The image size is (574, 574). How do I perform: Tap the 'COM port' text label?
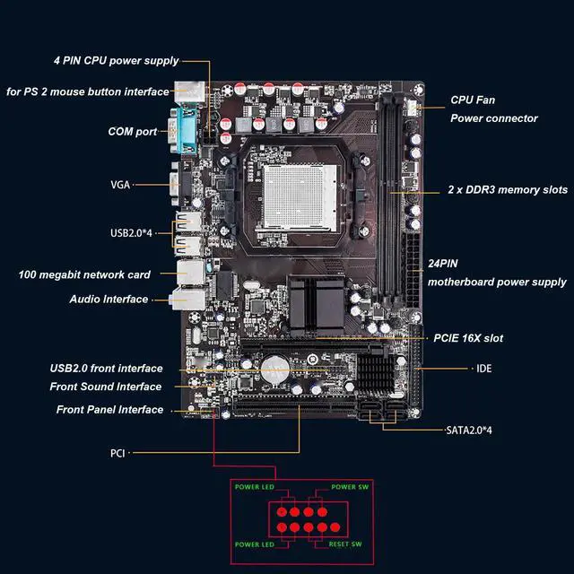[133, 132]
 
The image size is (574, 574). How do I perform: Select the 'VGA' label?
[120, 185]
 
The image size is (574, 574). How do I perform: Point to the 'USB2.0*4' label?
[132, 233]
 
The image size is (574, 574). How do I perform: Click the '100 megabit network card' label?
[84, 274]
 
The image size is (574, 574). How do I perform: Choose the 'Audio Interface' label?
[109, 299]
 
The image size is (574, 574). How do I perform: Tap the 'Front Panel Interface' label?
[109, 410]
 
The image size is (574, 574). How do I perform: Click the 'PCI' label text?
[117, 454]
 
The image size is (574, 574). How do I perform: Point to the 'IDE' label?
[483, 369]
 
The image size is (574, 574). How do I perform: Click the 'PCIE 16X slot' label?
[467, 338]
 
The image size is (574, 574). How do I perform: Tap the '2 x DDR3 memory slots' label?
[508, 191]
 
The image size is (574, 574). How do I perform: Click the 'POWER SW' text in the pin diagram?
[351, 487]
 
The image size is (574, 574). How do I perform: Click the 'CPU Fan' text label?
[472, 100]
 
